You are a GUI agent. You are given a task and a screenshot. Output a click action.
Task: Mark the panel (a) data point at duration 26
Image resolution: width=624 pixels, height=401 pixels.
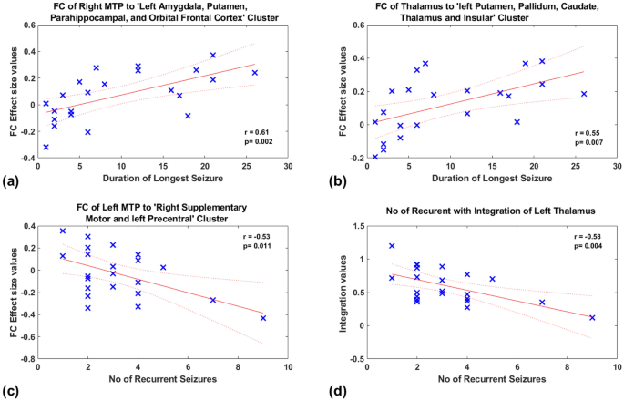[x=255, y=72]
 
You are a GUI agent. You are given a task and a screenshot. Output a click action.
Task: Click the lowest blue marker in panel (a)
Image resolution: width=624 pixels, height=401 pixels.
[x=46, y=147]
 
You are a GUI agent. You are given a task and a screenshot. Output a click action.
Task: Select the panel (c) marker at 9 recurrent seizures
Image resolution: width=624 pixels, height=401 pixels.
[x=263, y=318]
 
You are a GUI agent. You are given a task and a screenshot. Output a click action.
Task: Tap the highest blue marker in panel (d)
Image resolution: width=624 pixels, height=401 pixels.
[x=392, y=246]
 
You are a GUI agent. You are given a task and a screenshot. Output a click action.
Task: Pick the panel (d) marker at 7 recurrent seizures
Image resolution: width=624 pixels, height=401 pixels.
[x=542, y=303]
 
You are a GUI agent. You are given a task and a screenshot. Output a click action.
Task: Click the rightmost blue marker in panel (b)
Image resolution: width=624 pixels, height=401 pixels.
[x=585, y=94]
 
